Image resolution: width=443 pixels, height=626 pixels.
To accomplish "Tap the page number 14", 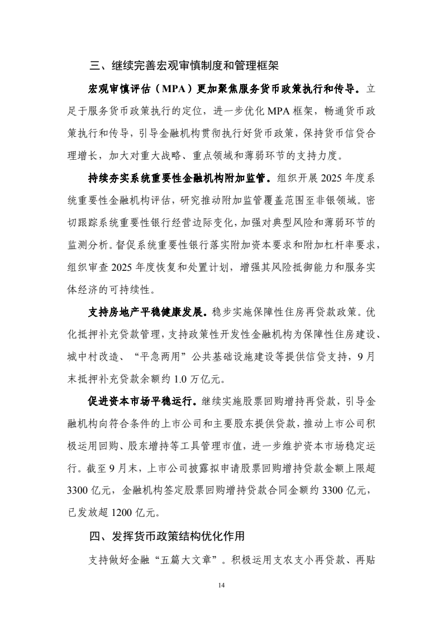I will coord(221,585).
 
